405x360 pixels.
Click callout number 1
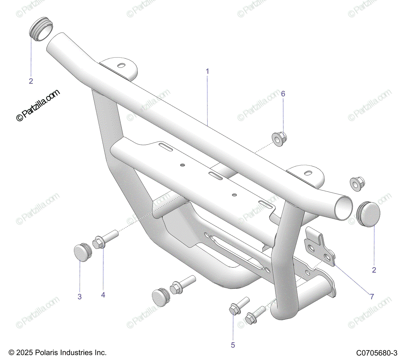pos(208,72)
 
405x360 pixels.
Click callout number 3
pos(80,297)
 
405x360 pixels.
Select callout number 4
pos(103,295)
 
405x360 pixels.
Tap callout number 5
pos(233,345)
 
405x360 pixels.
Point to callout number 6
pos(283,94)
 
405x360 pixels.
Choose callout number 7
pos(372,297)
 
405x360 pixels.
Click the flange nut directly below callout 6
pos(279,139)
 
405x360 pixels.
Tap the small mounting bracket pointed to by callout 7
pos(319,247)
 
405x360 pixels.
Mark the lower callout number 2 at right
pos(374,270)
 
